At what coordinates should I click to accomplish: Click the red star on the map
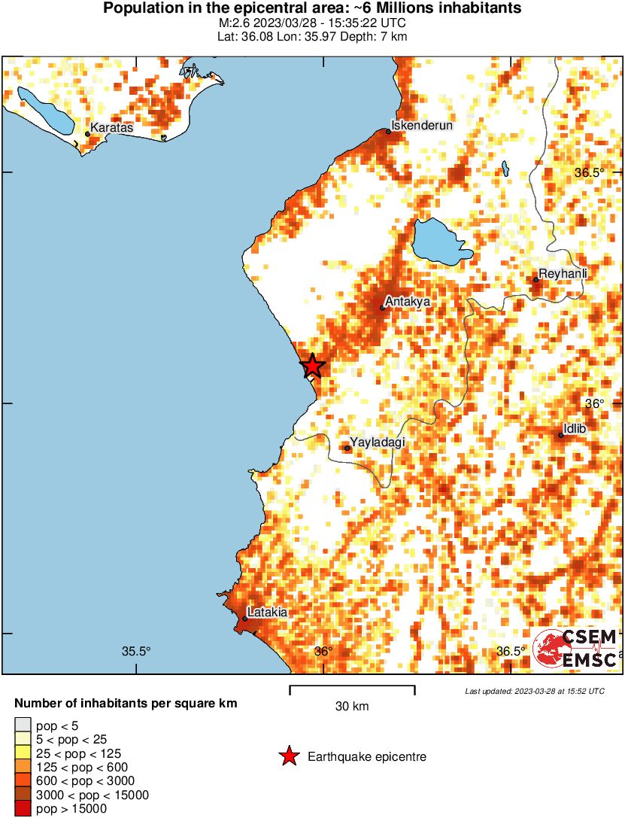[x=313, y=366]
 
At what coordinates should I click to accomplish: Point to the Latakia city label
[x=267, y=613]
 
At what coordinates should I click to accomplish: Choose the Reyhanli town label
[x=563, y=274]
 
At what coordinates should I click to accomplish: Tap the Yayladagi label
[x=378, y=442]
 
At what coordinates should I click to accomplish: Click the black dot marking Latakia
[x=245, y=619]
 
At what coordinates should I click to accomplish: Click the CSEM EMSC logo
[x=575, y=648]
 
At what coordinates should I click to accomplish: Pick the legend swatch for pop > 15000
[x=23, y=809]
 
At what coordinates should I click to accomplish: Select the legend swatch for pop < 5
[x=23, y=726]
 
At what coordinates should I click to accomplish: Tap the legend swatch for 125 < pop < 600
[x=23, y=768]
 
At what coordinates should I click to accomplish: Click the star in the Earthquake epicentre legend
[x=288, y=757]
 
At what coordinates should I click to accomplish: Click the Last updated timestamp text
[x=534, y=691]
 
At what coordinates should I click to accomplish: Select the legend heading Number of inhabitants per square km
[x=126, y=704]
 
